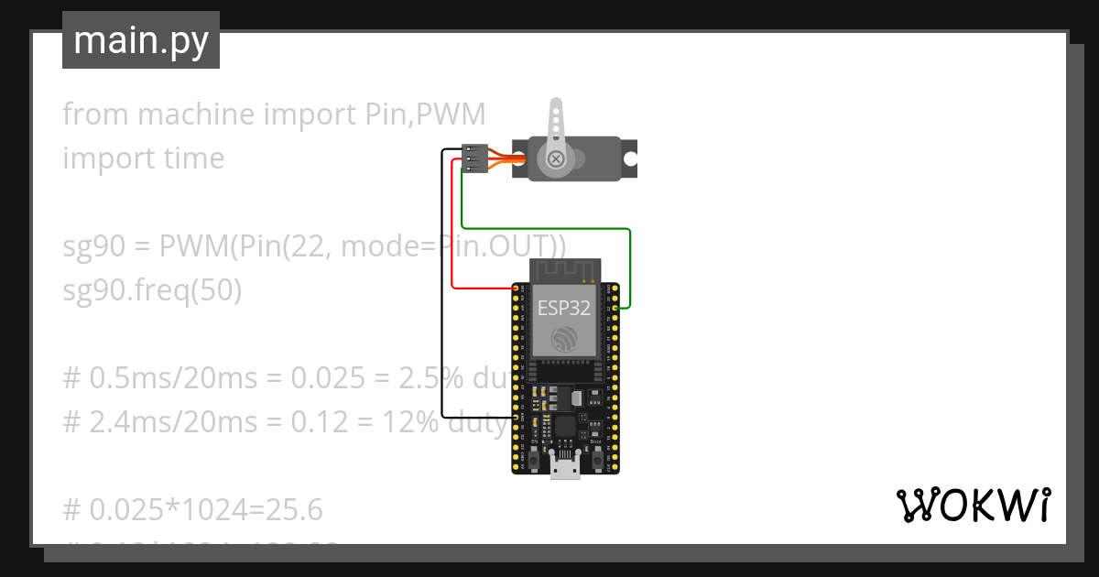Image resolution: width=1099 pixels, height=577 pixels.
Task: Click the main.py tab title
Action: click(140, 40)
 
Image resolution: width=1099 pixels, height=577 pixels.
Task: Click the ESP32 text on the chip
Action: click(563, 308)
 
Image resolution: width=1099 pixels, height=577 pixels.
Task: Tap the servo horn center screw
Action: click(555, 159)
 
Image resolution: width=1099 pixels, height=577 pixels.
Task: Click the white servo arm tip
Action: click(555, 107)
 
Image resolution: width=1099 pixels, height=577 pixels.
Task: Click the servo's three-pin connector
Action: click(473, 158)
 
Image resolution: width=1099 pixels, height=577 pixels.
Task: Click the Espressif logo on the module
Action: click(564, 342)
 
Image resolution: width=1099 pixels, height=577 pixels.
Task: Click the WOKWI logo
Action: click(973, 505)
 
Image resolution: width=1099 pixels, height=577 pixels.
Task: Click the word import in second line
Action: click(99, 158)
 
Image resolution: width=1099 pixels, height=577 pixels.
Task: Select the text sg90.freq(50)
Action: click(152, 290)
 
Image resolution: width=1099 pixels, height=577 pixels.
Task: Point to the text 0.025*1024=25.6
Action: click(192, 509)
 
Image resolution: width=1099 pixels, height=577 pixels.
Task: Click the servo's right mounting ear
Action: click(629, 158)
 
